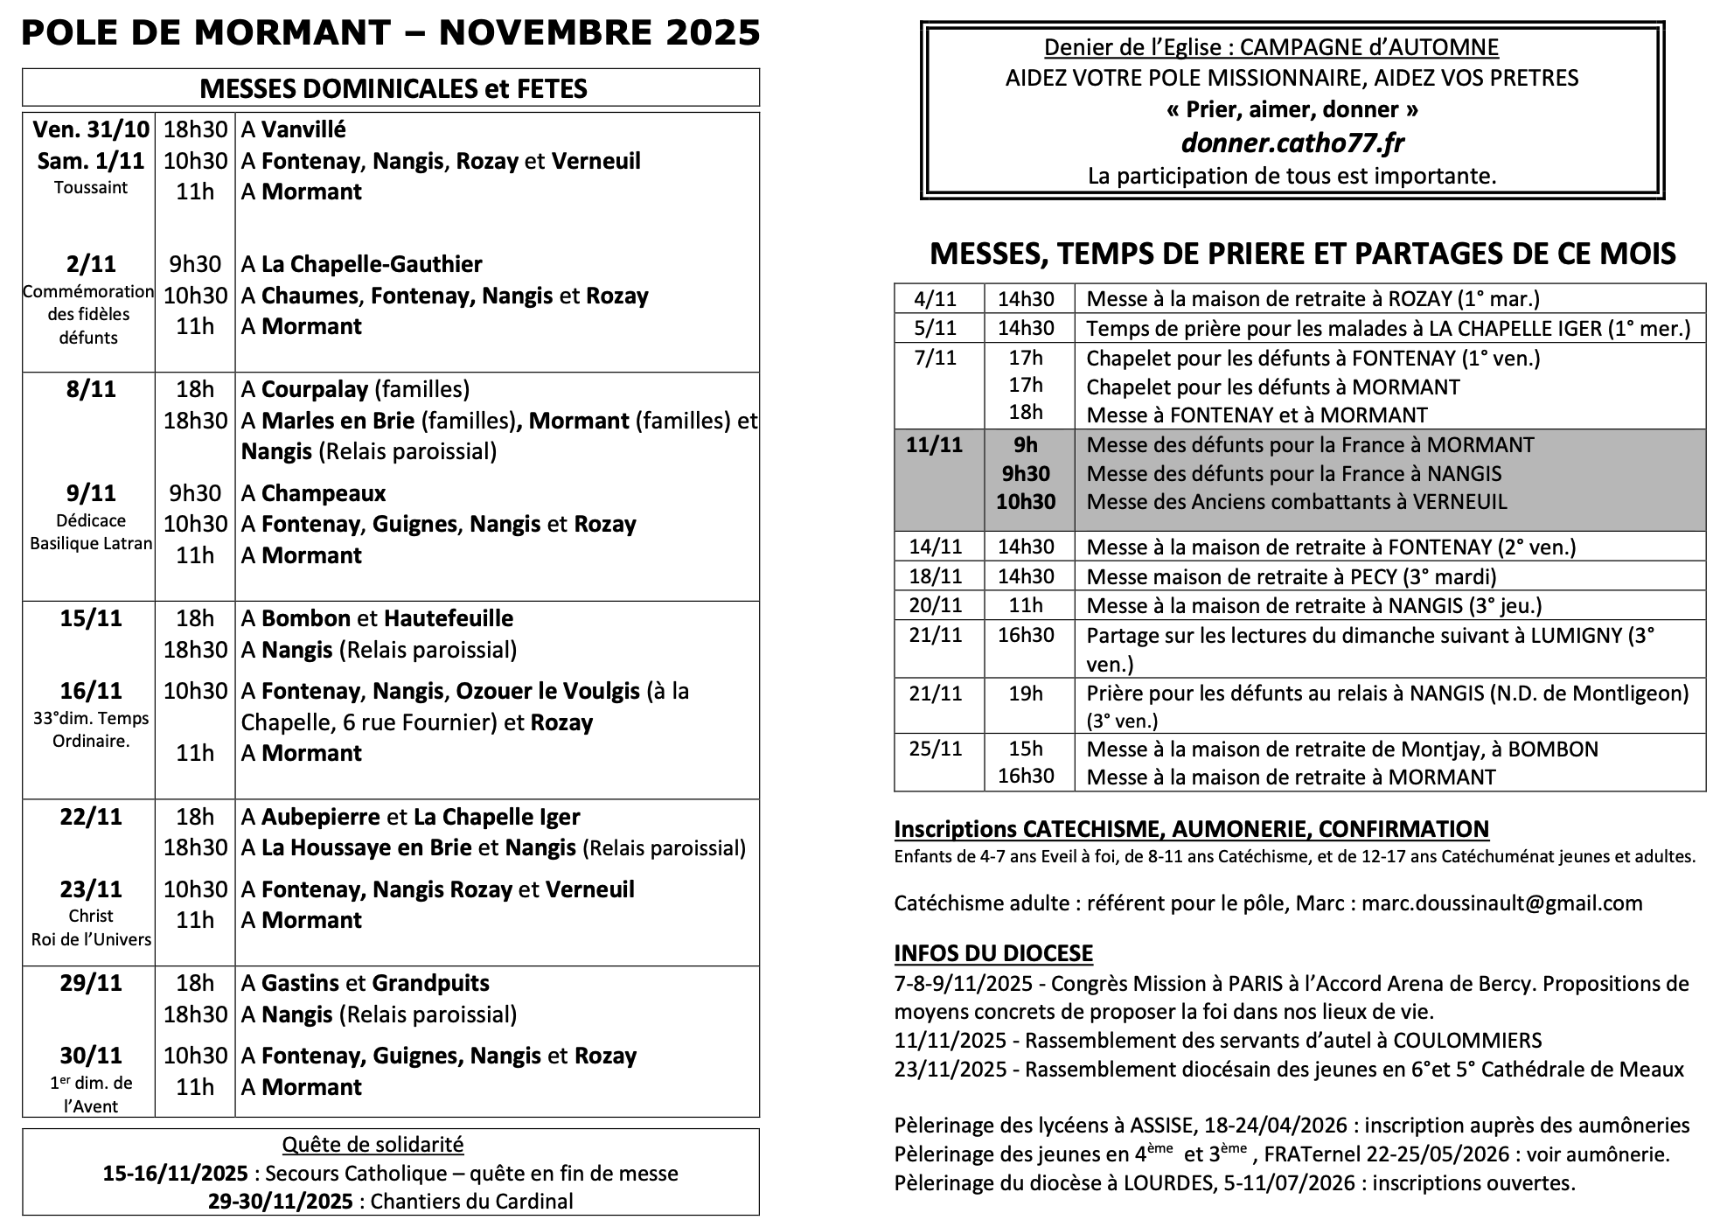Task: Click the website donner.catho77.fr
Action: [x=1292, y=143]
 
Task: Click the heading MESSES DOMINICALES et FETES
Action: [x=393, y=88]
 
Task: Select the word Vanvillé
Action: [x=303, y=129]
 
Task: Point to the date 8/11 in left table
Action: [x=90, y=389]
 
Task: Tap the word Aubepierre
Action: [x=320, y=817]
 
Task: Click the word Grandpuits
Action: [x=430, y=983]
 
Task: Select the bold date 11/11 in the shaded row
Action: [x=934, y=445]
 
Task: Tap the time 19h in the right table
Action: [x=1026, y=694]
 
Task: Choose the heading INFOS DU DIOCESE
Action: [x=992, y=953]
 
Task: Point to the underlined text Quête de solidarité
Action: [x=373, y=1145]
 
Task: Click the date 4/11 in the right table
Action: [x=935, y=299]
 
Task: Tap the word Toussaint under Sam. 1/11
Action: [x=90, y=188]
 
